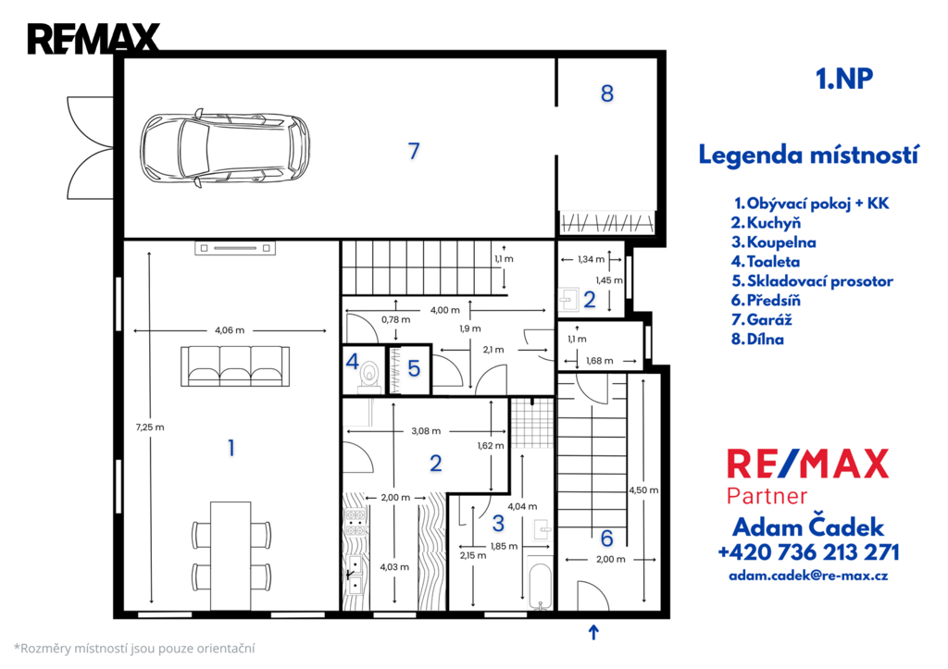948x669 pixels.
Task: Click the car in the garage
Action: (x=225, y=149)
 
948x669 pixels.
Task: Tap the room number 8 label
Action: (x=607, y=93)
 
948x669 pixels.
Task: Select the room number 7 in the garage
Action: (x=414, y=151)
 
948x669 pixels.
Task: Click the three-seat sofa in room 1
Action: (x=235, y=365)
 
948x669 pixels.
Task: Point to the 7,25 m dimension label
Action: (x=150, y=427)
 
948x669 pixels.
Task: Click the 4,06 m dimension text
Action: (x=230, y=330)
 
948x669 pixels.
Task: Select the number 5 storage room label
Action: (x=414, y=368)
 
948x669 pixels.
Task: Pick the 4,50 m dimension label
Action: (x=643, y=490)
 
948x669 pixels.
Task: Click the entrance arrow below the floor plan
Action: (x=593, y=632)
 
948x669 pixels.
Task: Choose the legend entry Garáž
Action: (x=761, y=319)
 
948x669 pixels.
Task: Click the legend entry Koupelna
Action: (x=774, y=242)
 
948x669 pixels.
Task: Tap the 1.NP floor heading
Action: (x=844, y=79)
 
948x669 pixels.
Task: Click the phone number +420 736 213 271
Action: (x=808, y=552)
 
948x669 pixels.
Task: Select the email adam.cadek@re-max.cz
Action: (x=808, y=576)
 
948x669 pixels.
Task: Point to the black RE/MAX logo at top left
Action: (x=94, y=39)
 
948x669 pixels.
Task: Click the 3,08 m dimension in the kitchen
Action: (x=426, y=431)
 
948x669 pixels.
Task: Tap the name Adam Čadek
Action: (x=808, y=527)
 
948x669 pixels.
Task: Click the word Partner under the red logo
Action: (x=767, y=496)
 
